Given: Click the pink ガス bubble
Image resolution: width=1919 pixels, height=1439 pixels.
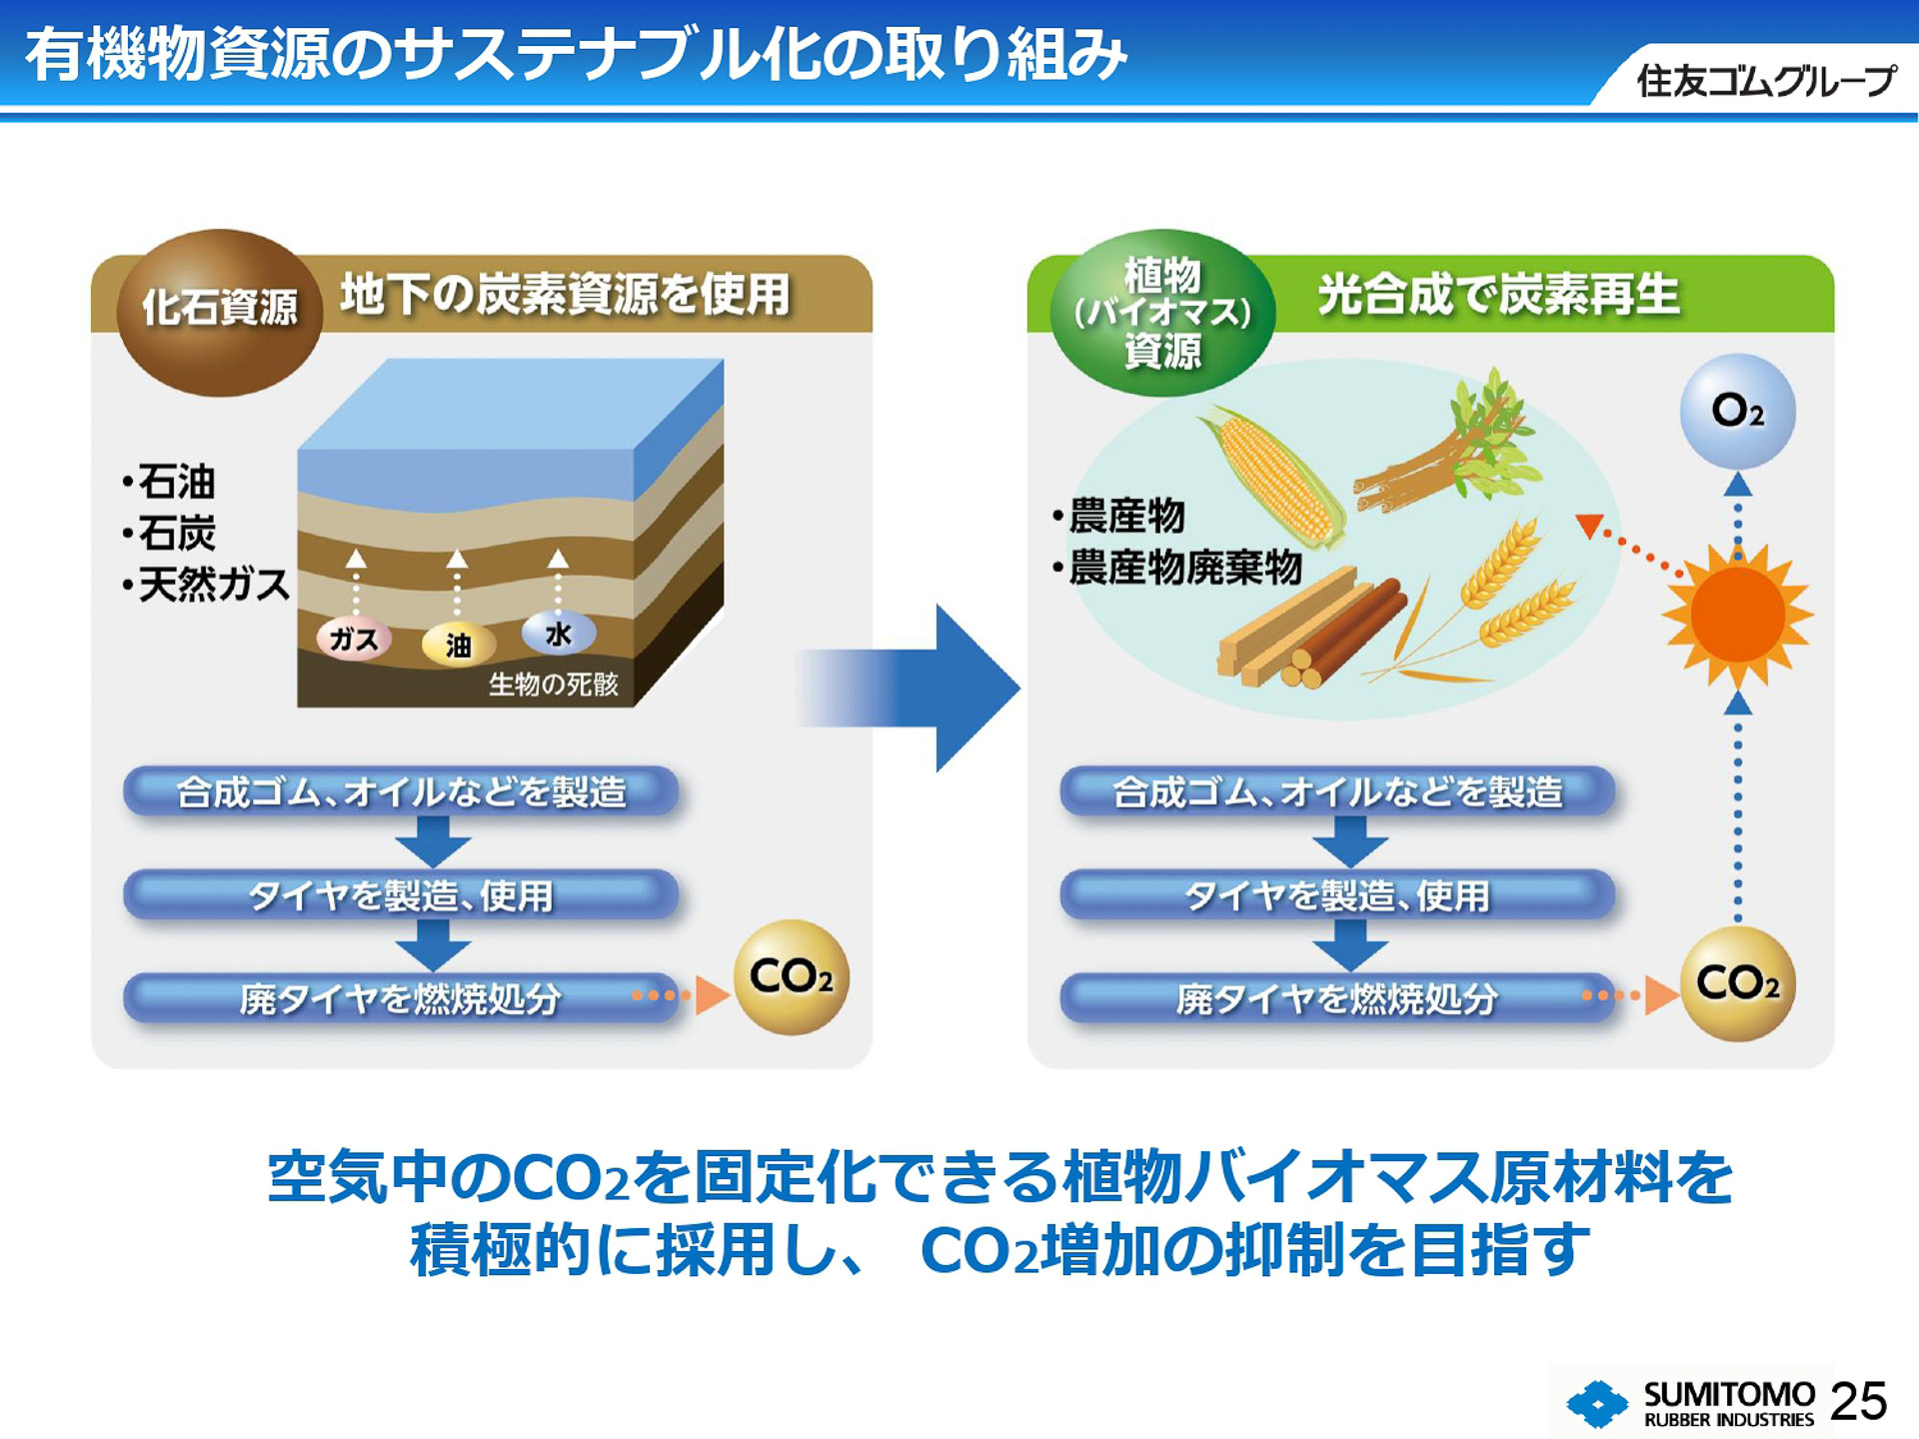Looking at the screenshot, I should point(354,638).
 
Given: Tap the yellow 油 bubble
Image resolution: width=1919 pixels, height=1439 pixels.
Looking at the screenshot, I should point(458,645).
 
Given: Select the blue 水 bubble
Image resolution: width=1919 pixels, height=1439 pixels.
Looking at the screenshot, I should point(559,633).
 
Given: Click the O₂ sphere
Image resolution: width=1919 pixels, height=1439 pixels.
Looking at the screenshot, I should point(1737,411).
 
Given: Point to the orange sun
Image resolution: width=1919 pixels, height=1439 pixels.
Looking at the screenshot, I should point(1738,615).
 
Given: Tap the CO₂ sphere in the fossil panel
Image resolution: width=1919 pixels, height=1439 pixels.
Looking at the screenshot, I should point(791,976).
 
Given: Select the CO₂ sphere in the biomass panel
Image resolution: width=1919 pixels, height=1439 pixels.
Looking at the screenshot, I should point(1737,983).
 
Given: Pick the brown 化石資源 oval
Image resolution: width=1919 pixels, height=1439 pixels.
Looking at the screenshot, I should point(220,310).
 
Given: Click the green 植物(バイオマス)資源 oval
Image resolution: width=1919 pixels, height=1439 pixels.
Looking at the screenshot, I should point(1161,312).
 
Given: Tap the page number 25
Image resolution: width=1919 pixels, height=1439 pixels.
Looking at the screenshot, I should point(1858,1401).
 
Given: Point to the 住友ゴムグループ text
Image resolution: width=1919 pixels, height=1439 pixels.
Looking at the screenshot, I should point(1765,80).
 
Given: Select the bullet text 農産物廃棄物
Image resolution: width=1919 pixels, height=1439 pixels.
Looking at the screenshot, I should point(1184,567).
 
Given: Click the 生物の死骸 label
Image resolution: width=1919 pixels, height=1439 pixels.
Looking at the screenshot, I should point(553,684).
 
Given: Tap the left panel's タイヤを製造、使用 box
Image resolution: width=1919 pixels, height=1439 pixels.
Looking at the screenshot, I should point(401,894).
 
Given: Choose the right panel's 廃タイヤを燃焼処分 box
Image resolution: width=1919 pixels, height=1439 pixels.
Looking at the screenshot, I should point(1336,997).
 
